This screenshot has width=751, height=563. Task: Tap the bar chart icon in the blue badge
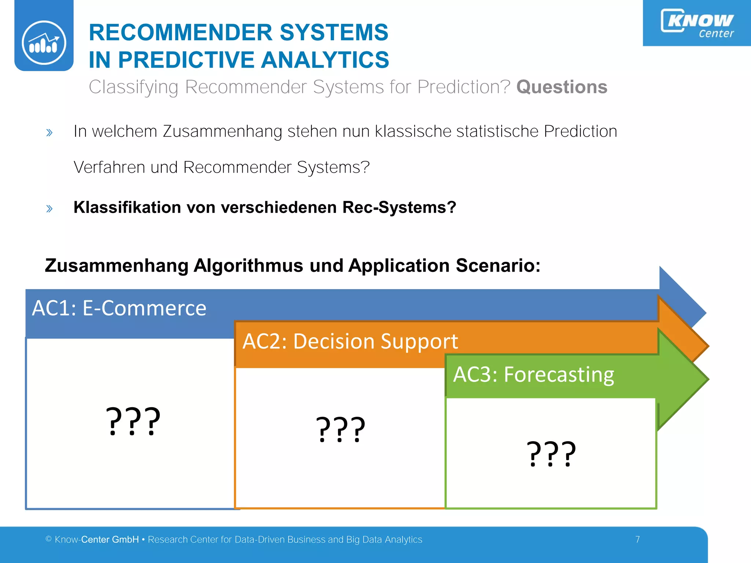click(44, 43)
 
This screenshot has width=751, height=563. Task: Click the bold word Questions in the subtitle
click(561, 87)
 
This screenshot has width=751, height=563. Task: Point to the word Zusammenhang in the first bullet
click(222, 132)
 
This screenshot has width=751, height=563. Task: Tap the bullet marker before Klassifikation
click(50, 209)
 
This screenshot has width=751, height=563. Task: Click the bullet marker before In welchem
click(50, 132)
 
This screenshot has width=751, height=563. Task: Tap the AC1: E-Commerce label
click(119, 308)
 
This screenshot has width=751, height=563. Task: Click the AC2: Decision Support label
click(350, 341)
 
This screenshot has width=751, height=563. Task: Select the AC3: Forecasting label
click(534, 375)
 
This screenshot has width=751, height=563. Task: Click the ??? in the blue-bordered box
click(133, 422)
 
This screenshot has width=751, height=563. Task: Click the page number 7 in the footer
click(638, 540)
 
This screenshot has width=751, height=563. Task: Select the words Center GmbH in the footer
click(110, 540)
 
